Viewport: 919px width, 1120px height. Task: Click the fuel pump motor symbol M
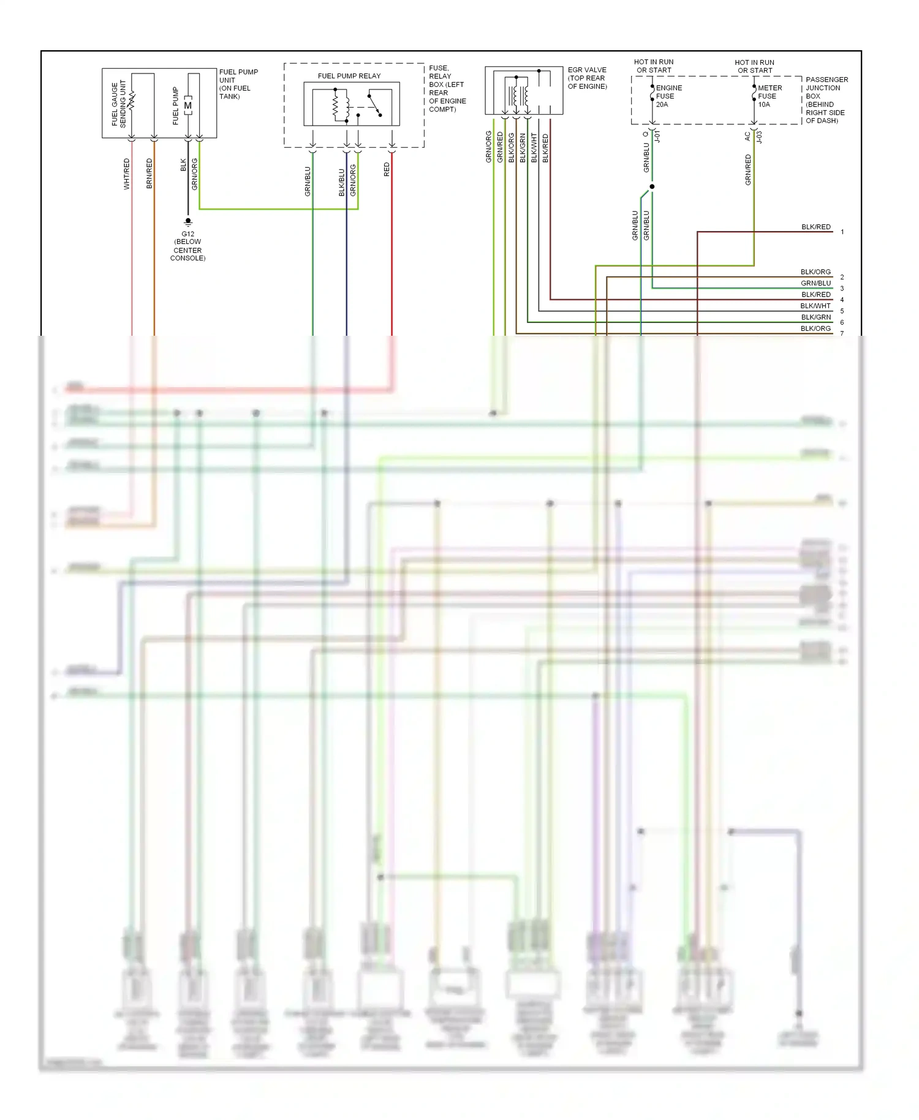[x=188, y=105]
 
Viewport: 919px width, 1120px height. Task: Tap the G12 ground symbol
[x=188, y=222]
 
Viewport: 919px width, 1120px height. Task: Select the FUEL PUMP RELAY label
[x=349, y=76]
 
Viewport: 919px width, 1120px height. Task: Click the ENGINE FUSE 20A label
[x=668, y=96]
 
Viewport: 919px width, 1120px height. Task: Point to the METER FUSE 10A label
[x=770, y=96]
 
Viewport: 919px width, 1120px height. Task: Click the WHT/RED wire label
[x=127, y=173]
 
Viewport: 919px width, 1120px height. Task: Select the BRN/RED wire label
[x=149, y=173]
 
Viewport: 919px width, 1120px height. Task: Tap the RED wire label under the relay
[x=387, y=170]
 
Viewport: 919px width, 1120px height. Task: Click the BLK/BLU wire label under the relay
[x=342, y=183]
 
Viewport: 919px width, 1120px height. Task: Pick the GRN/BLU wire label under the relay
[x=308, y=181]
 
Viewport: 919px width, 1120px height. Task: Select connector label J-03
[x=760, y=136]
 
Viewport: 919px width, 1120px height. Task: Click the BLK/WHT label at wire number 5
[x=815, y=306]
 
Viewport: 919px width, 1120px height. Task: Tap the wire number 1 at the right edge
[x=842, y=232]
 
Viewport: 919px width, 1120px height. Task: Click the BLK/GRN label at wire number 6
[x=816, y=317]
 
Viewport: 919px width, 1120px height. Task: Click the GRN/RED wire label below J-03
[x=748, y=170]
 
